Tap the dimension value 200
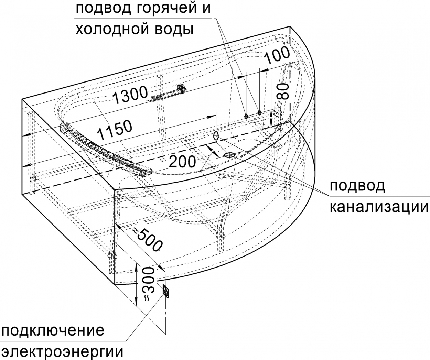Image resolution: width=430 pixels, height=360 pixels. [x=182, y=161]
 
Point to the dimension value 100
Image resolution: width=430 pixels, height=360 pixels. [x=277, y=55]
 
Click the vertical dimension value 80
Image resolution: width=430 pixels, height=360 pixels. [x=284, y=91]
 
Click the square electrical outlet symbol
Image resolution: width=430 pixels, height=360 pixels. [x=166, y=291]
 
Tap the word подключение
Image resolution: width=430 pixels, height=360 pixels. [x=53, y=331]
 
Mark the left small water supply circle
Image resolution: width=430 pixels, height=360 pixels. [x=246, y=116]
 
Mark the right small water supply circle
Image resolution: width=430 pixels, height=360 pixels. [x=260, y=112]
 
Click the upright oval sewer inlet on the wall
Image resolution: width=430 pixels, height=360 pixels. [x=216, y=136]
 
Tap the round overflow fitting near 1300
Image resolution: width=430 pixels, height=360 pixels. [x=181, y=88]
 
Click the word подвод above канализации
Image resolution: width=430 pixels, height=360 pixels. [x=357, y=186]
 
